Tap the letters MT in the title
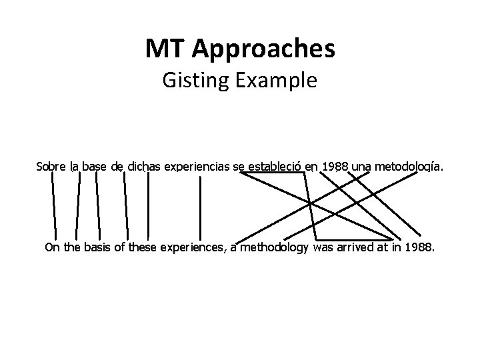165,48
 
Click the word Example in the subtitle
274,81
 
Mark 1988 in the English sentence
420,249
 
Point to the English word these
143,249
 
